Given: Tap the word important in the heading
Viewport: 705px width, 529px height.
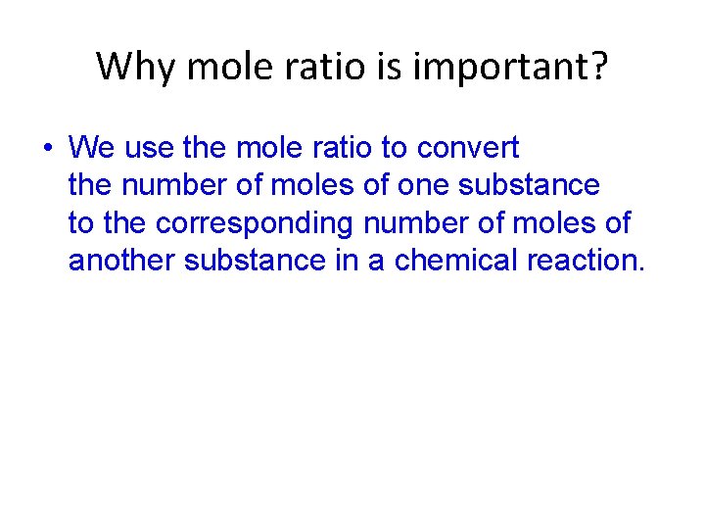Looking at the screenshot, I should point(498,67).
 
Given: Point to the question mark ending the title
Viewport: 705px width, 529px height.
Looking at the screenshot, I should point(596,67).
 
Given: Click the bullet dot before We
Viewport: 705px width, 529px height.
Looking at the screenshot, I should point(46,149).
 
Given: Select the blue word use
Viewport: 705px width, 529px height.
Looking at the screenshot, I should point(149,149).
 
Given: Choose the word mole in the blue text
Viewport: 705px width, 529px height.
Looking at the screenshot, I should point(268,149).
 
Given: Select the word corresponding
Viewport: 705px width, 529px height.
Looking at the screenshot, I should point(258,223).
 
